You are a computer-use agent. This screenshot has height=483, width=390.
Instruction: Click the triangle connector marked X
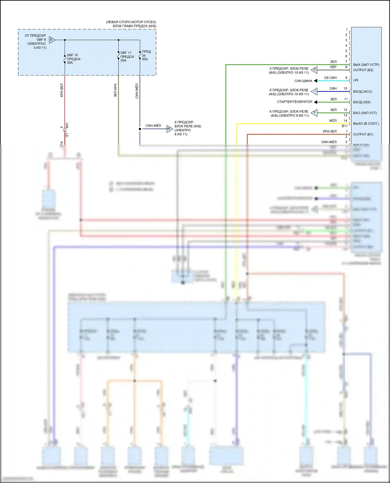pyautogui.click(x=52, y=40)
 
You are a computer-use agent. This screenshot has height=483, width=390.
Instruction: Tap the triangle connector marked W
pyautogui.click(x=169, y=128)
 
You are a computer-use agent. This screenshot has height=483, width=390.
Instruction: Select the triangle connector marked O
pyautogui.click(x=314, y=70)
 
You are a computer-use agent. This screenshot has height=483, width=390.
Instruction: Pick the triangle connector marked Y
pyautogui.click(x=314, y=113)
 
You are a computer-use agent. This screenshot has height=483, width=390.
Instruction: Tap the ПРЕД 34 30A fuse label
pyautogui.click(x=146, y=55)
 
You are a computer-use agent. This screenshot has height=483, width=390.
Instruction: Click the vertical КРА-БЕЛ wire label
pyautogui.click(x=62, y=90)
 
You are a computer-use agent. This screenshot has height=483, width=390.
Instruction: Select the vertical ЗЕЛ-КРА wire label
pyautogui.click(x=115, y=90)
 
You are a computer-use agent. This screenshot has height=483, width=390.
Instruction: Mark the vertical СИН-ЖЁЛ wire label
pyautogui.click(x=137, y=91)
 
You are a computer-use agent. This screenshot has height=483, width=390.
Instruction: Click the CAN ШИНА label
pyautogui.click(x=303, y=81)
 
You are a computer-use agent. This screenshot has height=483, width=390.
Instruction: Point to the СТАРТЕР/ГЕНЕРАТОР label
pyautogui.click(x=295, y=102)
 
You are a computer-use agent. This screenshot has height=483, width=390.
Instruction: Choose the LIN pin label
pyautogui.click(x=355, y=80)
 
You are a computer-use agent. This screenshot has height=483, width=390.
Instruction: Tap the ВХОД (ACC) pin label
pyautogui.click(x=362, y=92)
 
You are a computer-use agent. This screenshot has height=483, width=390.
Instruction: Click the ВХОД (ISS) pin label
pyautogui.click(x=362, y=102)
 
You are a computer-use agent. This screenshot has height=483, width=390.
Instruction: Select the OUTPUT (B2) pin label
pyautogui.click(x=363, y=70)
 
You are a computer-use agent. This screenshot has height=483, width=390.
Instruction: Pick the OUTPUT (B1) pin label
pyautogui.click(x=363, y=134)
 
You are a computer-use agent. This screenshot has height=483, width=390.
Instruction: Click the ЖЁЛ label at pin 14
pyautogui.click(x=333, y=121)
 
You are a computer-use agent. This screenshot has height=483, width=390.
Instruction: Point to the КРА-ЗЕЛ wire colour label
pyautogui.click(x=330, y=131)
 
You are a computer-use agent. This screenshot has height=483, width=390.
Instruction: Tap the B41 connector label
pyautogui.click(x=67, y=126)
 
